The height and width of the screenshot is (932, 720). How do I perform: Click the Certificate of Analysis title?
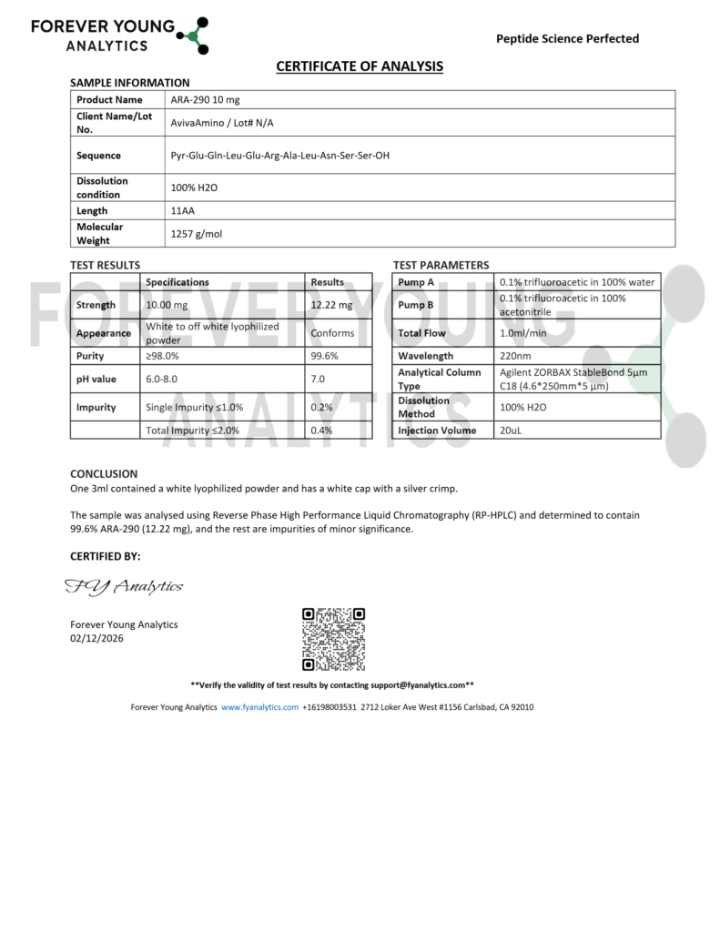click(360, 66)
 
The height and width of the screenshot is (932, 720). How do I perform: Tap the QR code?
click(333, 640)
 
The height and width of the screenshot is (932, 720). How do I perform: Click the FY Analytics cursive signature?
click(124, 587)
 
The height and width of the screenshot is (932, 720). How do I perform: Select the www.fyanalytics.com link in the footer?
click(259, 707)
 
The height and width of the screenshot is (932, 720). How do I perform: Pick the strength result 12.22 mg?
click(330, 306)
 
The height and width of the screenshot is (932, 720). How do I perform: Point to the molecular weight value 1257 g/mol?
click(197, 234)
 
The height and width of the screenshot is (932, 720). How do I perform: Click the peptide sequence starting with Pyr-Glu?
click(280, 156)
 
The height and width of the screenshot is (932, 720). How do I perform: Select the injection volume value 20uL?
click(511, 431)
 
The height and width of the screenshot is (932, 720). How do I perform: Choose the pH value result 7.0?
click(318, 379)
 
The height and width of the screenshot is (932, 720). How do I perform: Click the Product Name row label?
click(109, 100)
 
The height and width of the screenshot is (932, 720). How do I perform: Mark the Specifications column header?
click(177, 282)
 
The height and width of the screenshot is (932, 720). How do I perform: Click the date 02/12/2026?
click(96, 638)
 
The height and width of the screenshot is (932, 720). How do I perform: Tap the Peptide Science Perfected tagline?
click(567, 38)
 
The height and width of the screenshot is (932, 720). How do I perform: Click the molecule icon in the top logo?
click(193, 35)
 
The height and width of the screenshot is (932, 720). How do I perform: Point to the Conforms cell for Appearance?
click(332, 333)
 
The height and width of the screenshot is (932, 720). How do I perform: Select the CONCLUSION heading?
click(104, 473)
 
